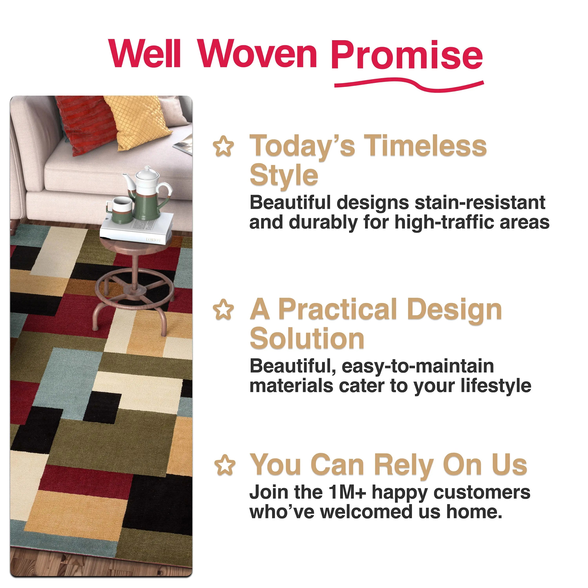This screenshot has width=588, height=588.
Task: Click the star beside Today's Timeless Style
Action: coord(224,146)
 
